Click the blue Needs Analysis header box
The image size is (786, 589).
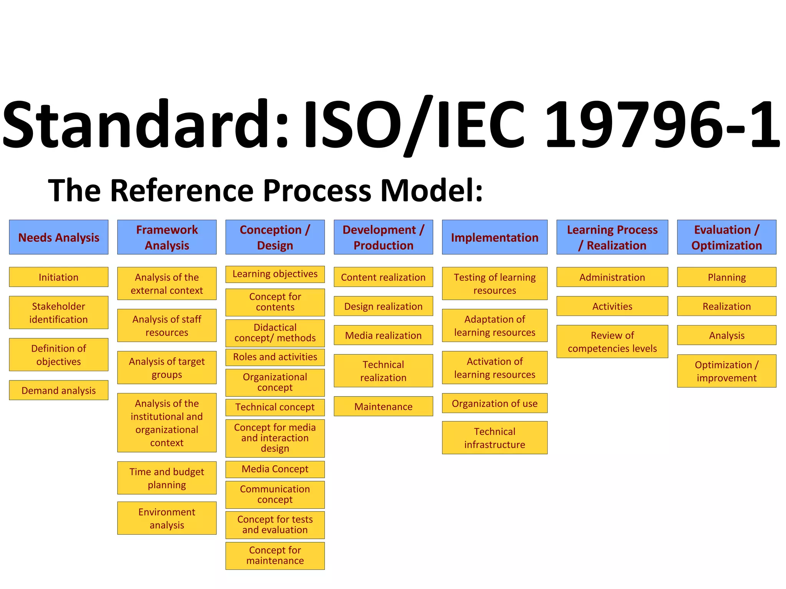59,237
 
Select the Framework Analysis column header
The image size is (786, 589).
167,237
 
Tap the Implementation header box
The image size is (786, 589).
495,237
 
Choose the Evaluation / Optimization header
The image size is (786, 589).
727,237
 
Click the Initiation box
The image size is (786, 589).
59,277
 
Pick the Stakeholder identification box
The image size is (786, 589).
59,313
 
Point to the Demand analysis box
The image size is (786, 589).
59,390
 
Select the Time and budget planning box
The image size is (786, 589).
167,478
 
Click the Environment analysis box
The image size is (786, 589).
167,518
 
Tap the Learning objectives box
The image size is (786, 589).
275,274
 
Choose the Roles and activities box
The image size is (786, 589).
275,357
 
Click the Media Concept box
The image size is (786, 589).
275,469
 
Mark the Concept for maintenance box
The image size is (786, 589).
275,555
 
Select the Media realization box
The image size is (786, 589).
383,335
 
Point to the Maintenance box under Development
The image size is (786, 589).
383,406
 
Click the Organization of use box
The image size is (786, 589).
495,403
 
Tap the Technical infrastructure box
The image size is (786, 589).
495,438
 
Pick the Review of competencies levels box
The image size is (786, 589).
612,341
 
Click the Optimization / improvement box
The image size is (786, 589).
727,371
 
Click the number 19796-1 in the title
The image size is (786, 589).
662,125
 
